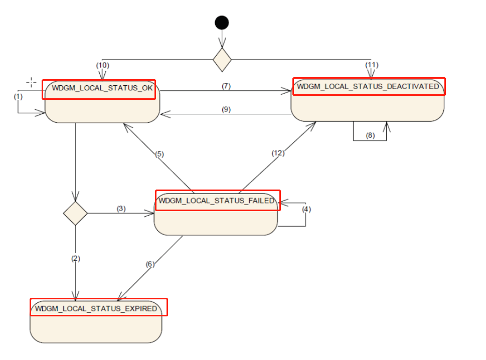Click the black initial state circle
[x=222, y=23]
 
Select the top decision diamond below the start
[x=222, y=60]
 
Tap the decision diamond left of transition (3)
[x=75, y=213]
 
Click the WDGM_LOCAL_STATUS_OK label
[x=98, y=89]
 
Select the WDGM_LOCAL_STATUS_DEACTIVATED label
[x=368, y=86]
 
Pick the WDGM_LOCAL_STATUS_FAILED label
[x=217, y=201]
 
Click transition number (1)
[x=19, y=96]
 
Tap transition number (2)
[x=75, y=259]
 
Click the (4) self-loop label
[x=306, y=209]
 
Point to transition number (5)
[x=159, y=154]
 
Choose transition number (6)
[x=150, y=265]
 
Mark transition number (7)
[x=226, y=86]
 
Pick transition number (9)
[x=226, y=109]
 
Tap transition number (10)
[x=102, y=65]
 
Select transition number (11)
[x=371, y=65]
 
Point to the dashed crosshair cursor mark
[x=31, y=82]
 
